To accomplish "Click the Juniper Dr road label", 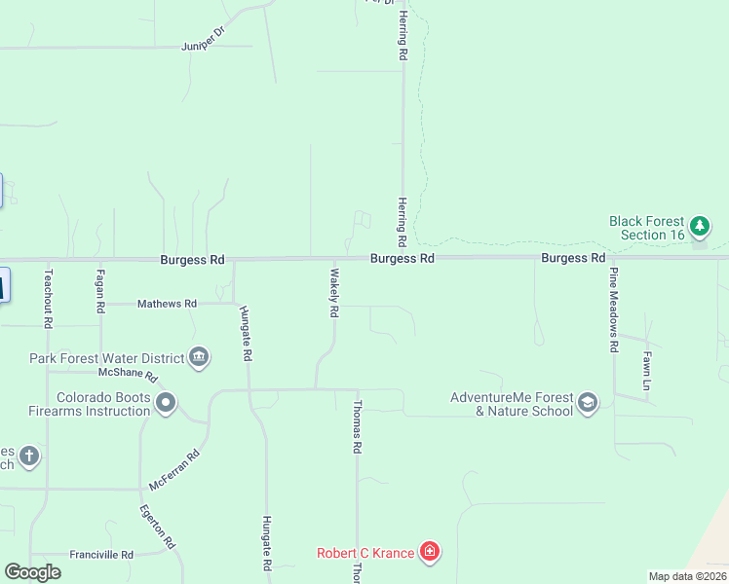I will pyautogui.click(x=203, y=46).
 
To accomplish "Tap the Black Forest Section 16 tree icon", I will pyautogui.click(x=699, y=228).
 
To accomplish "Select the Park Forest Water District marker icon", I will pyautogui.click(x=199, y=357).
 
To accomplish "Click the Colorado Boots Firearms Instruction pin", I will pyautogui.click(x=166, y=402).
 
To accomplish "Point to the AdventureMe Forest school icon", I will pyautogui.click(x=588, y=402).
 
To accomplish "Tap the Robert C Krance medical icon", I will pyautogui.click(x=429, y=553).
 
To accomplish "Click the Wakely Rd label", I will pyautogui.click(x=333, y=293).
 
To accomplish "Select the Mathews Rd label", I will pyautogui.click(x=168, y=304).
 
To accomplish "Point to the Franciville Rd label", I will pyautogui.click(x=100, y=555).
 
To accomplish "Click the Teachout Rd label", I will pyautogui.click(x=48, y=298).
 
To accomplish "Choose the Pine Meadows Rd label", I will pyautogui.click(x=614, y=309).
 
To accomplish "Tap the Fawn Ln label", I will pyautogui.click(x=646, y=371).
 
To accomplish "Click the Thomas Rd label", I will pyautogui.click(x=358, y=428).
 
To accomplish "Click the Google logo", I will pyautogui.click(x=32, y=571).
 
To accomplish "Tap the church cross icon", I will pyautogui.click(x=29, y=456).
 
